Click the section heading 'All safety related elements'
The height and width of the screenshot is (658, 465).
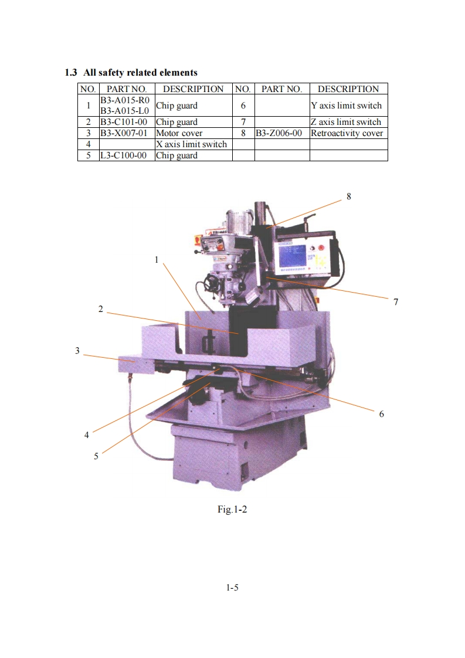[x=140, y=73]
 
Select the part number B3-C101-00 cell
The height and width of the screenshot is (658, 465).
[x=125, y=122]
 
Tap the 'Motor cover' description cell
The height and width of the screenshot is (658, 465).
[x=179, y=133]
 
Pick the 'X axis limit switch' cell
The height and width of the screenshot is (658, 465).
[x=191, y=144]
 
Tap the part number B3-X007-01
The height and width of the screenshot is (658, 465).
[x=125, y=133]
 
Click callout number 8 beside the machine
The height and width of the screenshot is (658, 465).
[x=349, y=196]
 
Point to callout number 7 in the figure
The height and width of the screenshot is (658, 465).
[x=396, y=301]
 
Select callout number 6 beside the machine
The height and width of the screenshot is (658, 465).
[x=381, y=413]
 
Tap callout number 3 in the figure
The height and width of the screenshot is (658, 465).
[x=77, y=351]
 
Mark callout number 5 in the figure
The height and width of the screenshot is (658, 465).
[x=96, y=456]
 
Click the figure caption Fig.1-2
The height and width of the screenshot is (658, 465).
[x=232, y=509]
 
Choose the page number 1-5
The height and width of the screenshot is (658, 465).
[x=232, y=587]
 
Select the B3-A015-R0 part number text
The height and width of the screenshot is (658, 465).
[x=125, y=100]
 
